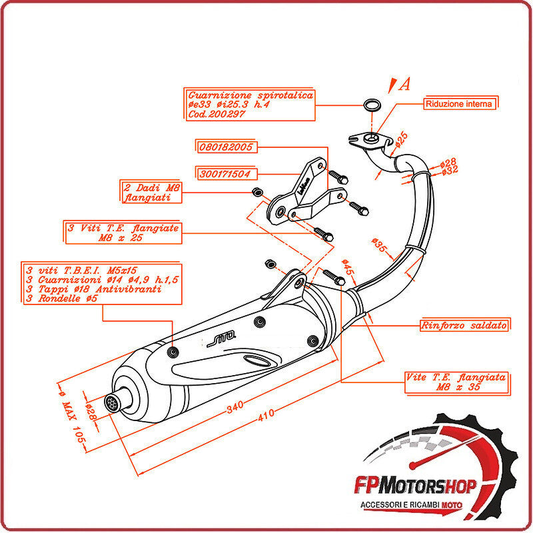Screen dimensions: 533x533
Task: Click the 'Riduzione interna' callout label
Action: [460, 104]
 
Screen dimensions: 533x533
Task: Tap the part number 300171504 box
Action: [225, 174]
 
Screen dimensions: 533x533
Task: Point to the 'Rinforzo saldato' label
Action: [464, 326]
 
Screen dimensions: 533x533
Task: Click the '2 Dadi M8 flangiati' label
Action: [151, 192]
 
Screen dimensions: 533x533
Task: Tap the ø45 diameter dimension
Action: [346, 267]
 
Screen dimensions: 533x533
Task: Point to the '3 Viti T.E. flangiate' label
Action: [123, 233]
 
